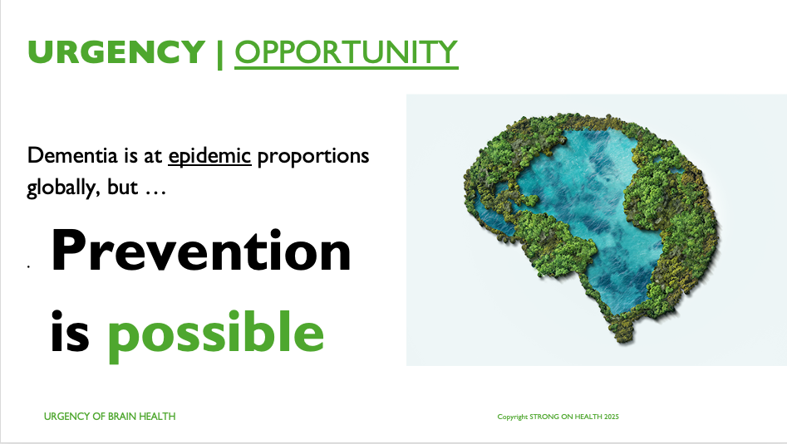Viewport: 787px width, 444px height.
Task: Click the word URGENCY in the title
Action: [x=116, y=51]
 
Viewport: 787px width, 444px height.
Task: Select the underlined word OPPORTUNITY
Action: [x=347, y=52]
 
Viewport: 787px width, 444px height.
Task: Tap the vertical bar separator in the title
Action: [x=220, y=53]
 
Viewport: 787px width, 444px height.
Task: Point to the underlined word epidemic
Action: [x=209, y=156]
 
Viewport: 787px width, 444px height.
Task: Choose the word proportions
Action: [x=313, y=157]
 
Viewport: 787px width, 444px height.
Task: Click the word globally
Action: [x=61, y=188]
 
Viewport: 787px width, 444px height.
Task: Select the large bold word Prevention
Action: [x=201, y=250]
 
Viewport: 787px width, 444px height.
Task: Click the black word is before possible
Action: [x=70, y=331]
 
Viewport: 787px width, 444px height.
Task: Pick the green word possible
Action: [x=216, y=336]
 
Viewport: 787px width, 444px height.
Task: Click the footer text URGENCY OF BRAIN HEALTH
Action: [x=110, y=417]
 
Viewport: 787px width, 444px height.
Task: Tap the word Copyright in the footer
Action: [x=513, y=417]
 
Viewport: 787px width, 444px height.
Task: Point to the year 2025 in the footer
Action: [x=612, y=417]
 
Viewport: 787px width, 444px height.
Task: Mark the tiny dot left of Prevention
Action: [x=28, y=267]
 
